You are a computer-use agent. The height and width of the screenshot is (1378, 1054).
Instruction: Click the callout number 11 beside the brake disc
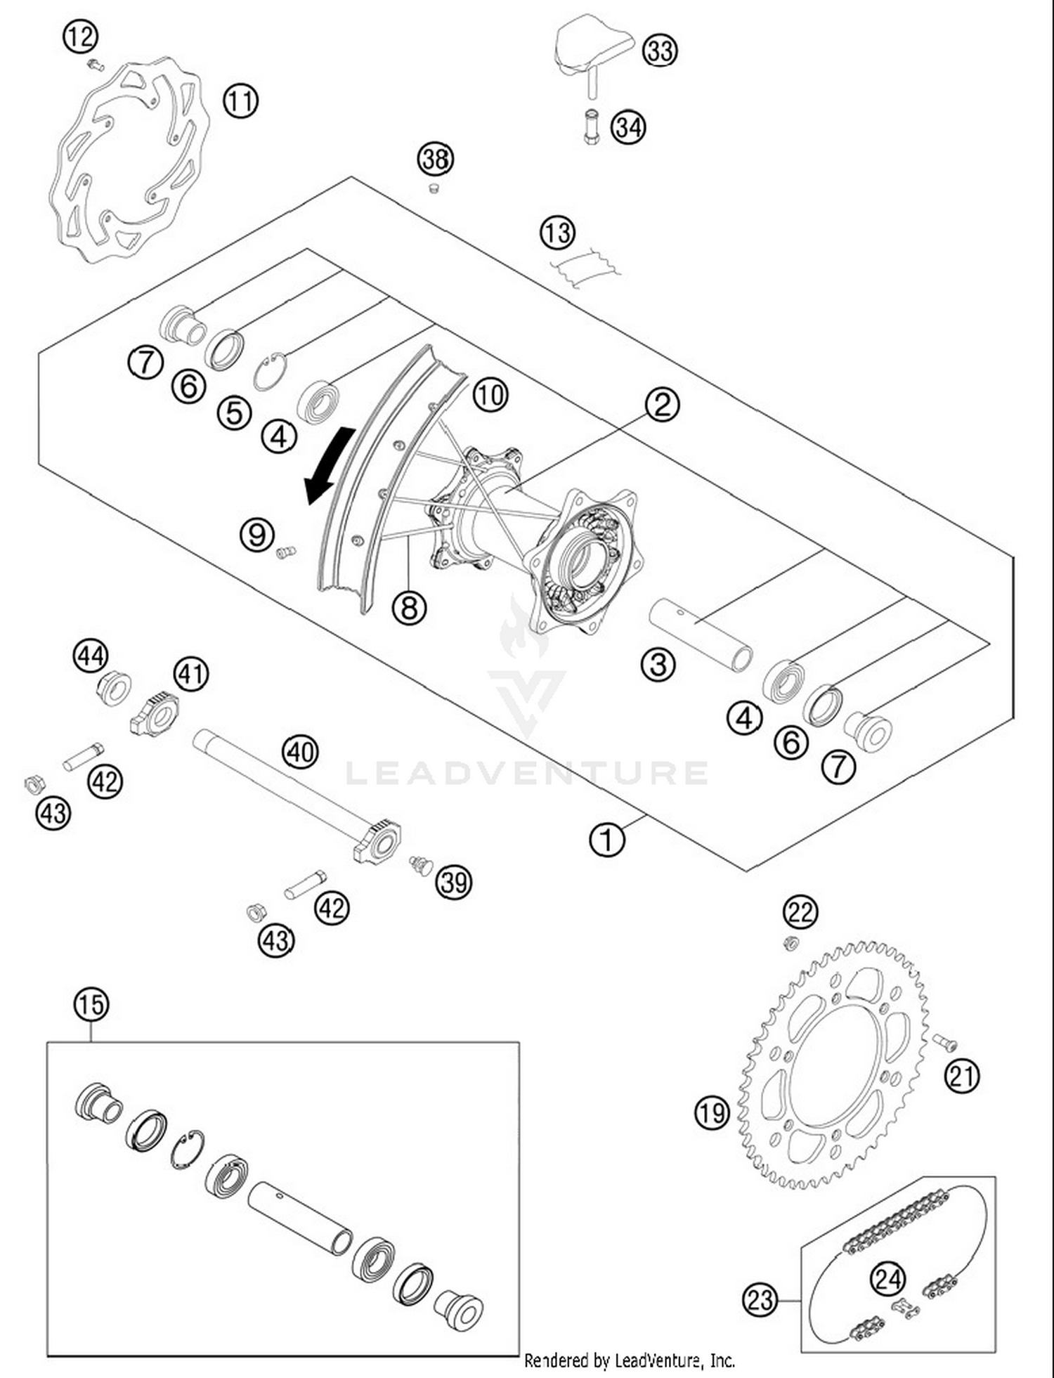click(x=240, y=101)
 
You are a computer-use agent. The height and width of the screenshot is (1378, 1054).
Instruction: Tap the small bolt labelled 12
click(x=94, y=65)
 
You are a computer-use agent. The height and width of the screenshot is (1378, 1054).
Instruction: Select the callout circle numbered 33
click(x=659, y=51)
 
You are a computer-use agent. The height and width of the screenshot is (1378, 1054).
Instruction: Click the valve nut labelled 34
click(x=590, y=126)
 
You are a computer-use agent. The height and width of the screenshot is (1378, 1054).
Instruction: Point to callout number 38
click(x=435, y=159)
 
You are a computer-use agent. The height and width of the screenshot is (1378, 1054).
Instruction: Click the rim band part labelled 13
click(x=585, y=269)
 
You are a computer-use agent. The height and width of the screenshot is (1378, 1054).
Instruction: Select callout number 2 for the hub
click(x=661, y=405)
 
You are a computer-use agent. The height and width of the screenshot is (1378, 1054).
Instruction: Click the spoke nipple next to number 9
click(x=285, y=552)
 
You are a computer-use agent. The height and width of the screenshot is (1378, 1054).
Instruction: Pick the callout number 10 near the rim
click(x=490, y=395)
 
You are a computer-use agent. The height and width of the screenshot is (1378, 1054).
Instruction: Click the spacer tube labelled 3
click(x=701, y=634)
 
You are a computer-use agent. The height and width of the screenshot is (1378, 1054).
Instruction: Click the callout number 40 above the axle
click(x=300, y=752)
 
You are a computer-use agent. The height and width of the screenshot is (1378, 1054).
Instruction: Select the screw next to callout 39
click(x=421, y=864)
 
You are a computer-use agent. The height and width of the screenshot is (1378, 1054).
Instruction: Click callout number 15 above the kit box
click(x=91, y=1004)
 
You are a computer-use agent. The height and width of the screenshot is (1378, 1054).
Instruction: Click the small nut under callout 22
click(x=790, y=942)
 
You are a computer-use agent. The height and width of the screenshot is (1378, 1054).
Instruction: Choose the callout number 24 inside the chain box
click(x=887, y=1278)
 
